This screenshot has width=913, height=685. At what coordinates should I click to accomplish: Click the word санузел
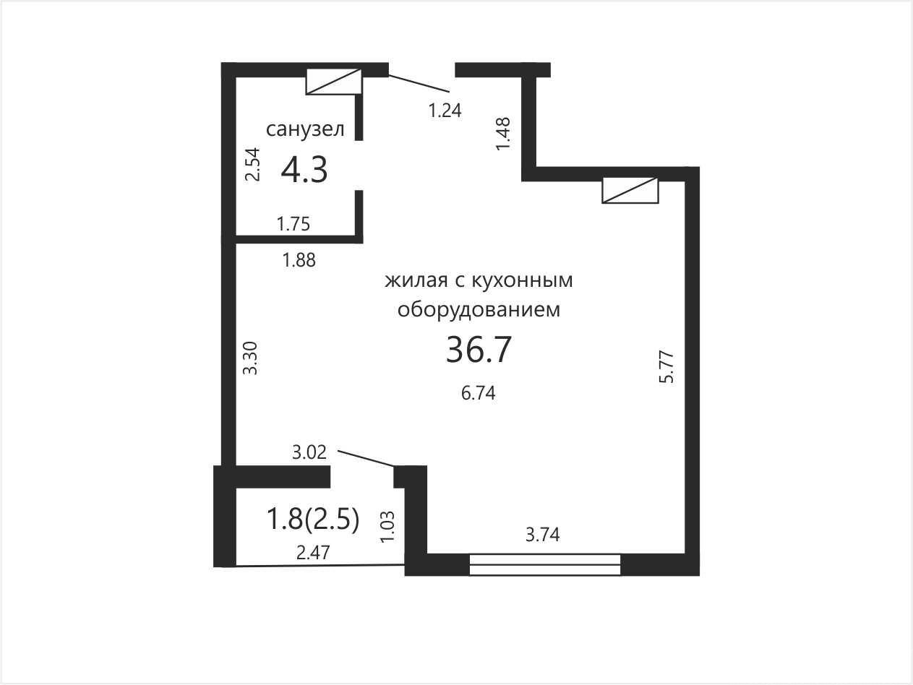click(x=305, y=129)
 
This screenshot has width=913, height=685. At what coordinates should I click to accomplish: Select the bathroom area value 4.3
click(x=304, y=170)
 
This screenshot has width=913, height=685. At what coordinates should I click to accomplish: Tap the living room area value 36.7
click(x=479, y=349)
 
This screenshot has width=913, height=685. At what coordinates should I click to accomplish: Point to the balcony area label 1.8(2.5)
click(x=312, y=520)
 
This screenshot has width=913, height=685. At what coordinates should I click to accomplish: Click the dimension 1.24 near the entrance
click(x=445, y=111)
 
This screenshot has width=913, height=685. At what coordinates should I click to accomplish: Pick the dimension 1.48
click(x=503, y=134)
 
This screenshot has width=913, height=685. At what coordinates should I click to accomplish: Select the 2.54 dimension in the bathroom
click(x=252, y=164)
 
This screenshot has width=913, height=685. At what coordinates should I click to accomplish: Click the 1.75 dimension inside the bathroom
click(x=293, y=224)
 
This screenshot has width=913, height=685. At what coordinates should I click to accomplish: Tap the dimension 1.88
click(x=299, y=260)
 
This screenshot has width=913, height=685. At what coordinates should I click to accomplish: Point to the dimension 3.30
click(x=250, y=358)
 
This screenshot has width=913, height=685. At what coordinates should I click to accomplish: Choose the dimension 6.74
click(x=479, y=393)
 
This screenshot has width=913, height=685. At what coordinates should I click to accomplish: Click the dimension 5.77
click(x=666, y=367)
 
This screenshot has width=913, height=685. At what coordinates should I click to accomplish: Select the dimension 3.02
click(x=309, y=452)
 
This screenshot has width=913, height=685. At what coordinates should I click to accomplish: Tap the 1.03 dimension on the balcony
click(x=387, y=526)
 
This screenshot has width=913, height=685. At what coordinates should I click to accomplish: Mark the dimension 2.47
click(x=313, y=553)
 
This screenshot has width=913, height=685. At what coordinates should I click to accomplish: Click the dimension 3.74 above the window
click(x=543, y=535)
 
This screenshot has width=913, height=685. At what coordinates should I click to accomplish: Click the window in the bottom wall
click(x=545, y=564)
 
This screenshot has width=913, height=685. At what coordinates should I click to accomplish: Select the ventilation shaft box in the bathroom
click(x=333, y=82)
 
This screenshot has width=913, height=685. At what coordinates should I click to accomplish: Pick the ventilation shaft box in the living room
click(x=630, y=190)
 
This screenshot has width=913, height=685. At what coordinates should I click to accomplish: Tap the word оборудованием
click(x=479, y=310)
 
